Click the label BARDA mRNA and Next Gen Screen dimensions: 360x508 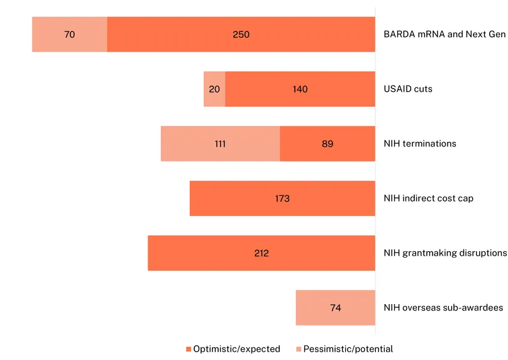pos(444,35)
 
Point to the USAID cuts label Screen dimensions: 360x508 pos(408,89)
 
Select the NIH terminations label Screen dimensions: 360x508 pos(419,144)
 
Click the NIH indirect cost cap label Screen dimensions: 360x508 pos(428,199)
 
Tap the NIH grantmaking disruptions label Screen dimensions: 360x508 pos(445,253)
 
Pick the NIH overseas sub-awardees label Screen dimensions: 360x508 pos(443,308)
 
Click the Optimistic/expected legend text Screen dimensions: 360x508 pos(236,349)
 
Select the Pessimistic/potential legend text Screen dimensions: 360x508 pos(348,349)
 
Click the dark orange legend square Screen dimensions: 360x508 pos(188,349)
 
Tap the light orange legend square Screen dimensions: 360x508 pos(298,349)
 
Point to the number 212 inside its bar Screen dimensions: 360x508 pos(262,253)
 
